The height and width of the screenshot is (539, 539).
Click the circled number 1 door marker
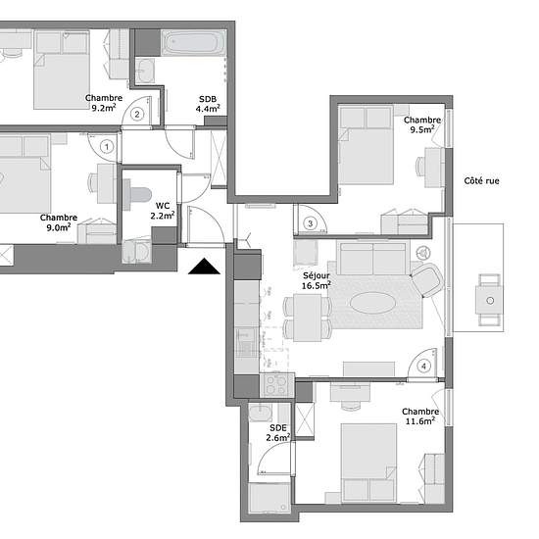point(107,147)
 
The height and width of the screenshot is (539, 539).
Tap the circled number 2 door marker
point(137,114)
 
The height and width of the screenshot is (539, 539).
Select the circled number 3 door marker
point(310,223)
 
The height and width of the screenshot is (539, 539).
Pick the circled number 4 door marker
point(423,367)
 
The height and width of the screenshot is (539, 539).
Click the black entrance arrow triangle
point(204,266)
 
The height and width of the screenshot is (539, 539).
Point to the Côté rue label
point(481,181)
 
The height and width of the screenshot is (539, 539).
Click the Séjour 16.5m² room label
point(317,280)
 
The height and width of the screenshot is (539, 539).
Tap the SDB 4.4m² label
point(208,104)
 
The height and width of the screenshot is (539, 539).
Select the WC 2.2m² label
point(163,211)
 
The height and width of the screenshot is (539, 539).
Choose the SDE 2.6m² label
point(278,433)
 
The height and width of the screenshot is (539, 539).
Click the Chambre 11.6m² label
point(420,416)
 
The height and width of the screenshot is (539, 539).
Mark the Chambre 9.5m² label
point(422,124)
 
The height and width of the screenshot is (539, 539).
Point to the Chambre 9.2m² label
point(104,103)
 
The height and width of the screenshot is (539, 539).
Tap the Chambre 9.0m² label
point(59,222)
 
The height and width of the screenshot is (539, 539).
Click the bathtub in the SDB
point(193,43)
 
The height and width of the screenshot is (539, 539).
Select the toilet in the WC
point(137,195)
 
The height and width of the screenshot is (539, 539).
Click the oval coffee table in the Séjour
point(373,303)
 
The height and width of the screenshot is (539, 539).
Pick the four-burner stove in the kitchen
point(277,385)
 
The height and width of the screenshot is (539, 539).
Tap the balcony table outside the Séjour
point(489,300)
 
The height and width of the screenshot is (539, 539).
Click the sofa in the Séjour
point(373,258)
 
